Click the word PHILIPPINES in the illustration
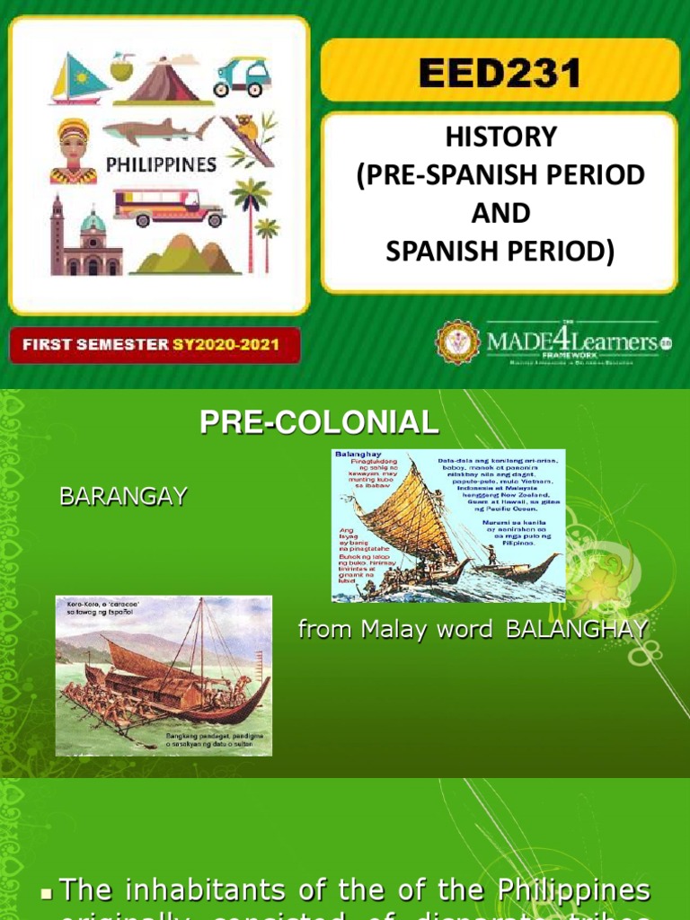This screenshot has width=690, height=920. point(162,164)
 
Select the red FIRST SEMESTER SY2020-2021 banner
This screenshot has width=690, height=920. point(155,344)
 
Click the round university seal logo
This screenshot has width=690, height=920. point(458,341)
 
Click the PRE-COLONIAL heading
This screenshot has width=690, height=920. point(320,421)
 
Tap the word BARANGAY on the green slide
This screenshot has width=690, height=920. point(123,496)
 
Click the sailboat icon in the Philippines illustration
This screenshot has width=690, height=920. point(78,79)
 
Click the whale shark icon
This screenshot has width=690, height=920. point(157,132)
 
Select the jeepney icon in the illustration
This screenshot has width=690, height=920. point(168,207)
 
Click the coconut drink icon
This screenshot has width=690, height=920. point(121,66)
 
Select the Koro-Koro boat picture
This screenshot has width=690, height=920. point(163,675)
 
